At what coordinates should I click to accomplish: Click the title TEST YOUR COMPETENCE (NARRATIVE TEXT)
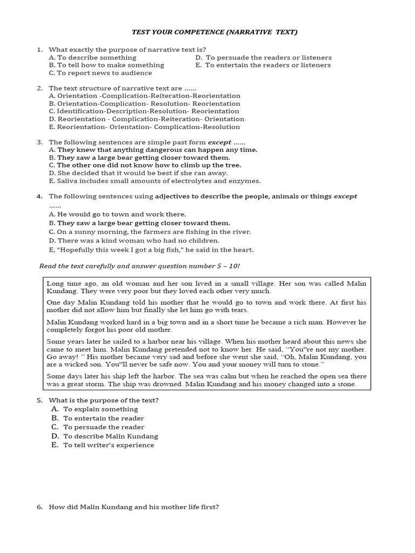pos(215,32)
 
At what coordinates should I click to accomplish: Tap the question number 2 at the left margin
pos(39,88)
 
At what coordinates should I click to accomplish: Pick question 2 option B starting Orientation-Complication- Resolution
pos(144,104)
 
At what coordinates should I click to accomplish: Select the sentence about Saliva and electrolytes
pos(155,181)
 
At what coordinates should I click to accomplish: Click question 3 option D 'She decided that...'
pos(138,173)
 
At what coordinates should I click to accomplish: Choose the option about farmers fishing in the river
pos(150,232)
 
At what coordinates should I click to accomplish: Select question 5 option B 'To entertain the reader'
pos(103,418)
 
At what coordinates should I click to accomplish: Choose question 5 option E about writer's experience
pos(108,446)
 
